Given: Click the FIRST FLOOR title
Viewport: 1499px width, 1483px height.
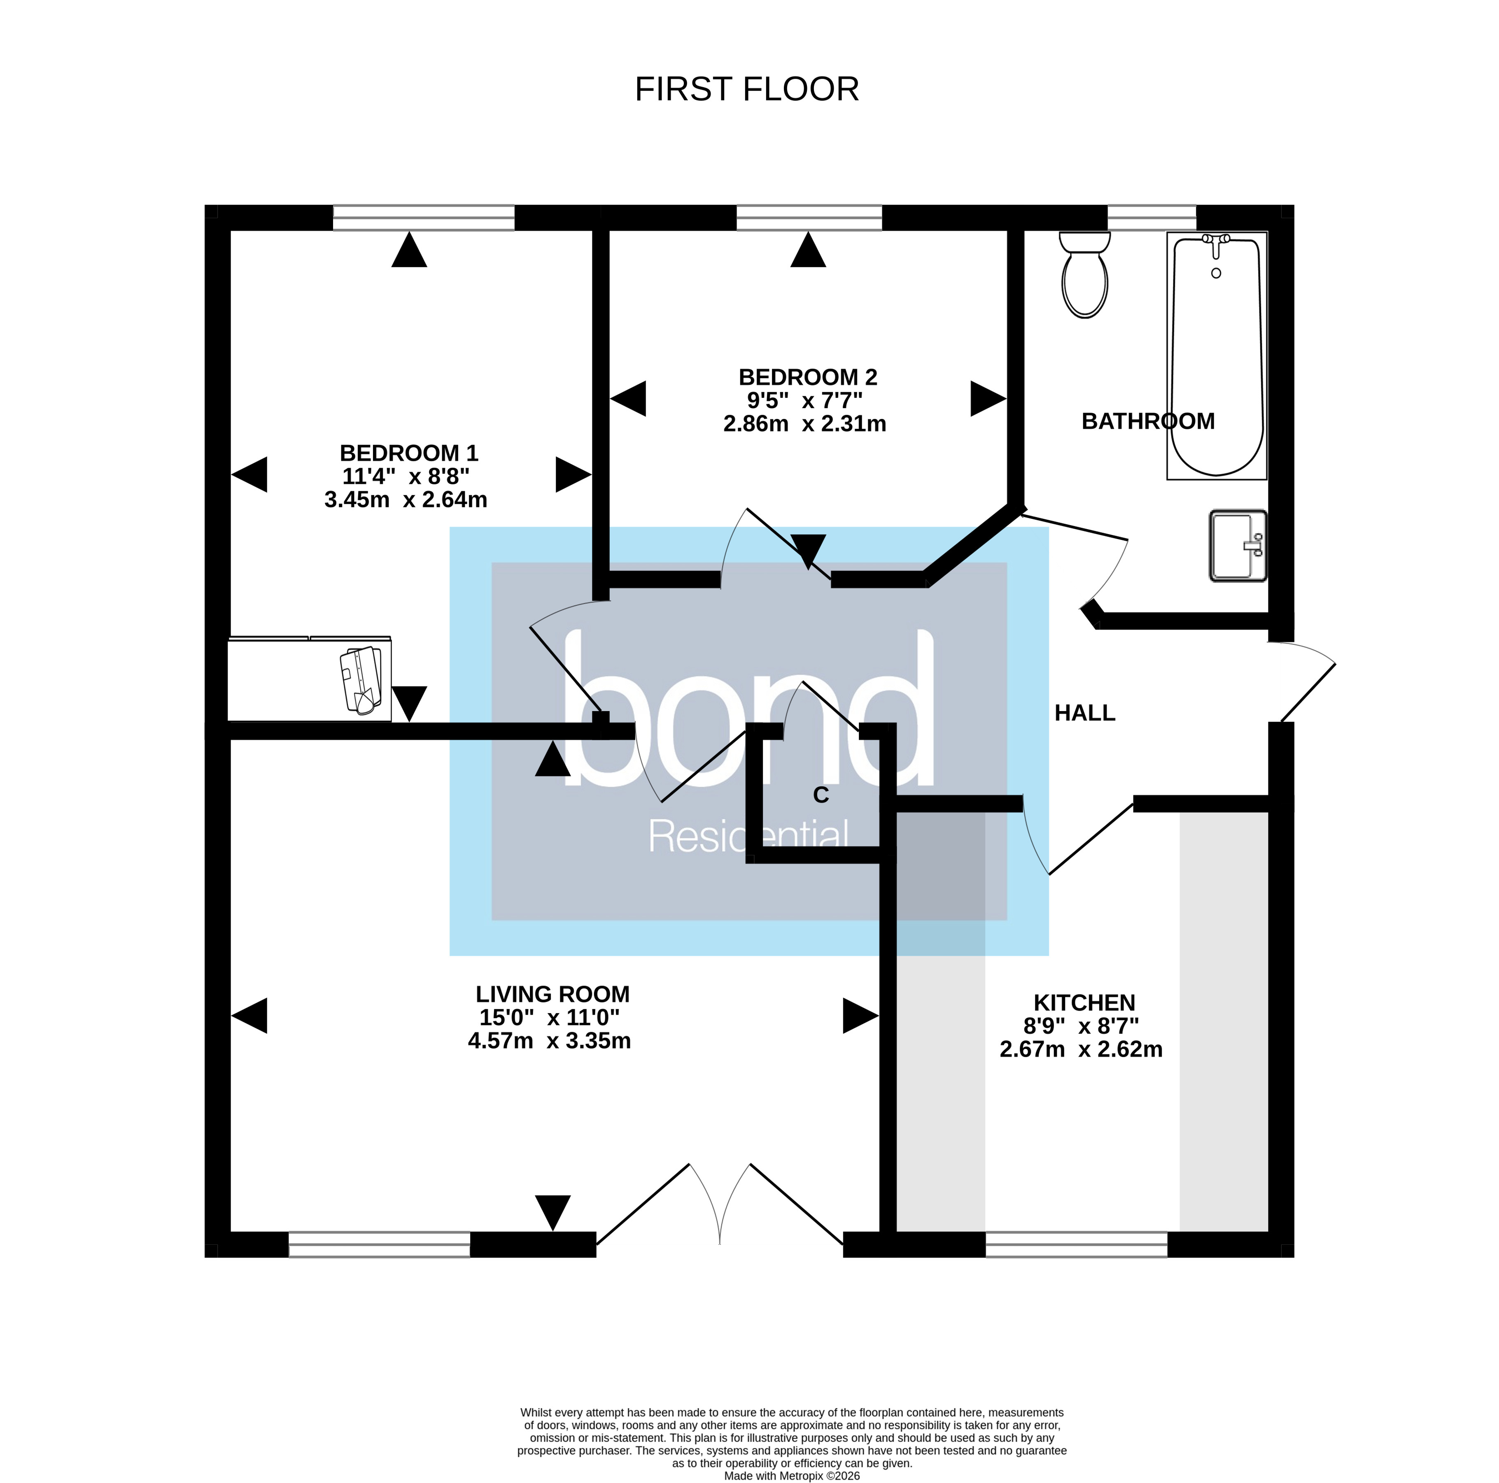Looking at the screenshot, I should (x=746, y=90).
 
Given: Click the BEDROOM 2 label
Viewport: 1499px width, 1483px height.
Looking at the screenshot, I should (x=808, y=378).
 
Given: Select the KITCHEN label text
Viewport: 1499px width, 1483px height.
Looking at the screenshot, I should (x=1084, y=1003).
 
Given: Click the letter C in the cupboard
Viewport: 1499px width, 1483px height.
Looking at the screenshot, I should (x=821, y=795).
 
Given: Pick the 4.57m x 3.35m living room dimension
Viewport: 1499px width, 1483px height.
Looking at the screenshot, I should (x=549, y=1041).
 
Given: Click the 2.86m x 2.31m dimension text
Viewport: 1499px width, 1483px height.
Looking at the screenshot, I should (x=804, y=424).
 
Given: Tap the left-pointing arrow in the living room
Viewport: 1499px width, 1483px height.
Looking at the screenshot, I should (x=250, y=1016).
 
